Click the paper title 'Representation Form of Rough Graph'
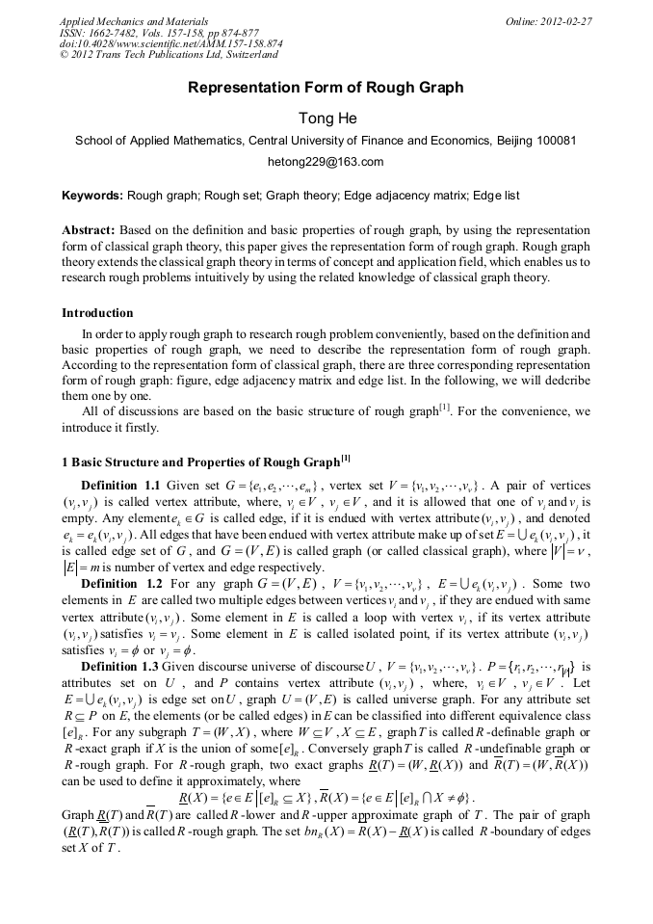[326, 88]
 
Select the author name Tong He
[326, 118]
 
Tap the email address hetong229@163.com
[326, 161]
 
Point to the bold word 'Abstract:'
[90, 231]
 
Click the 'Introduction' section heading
[97, 313]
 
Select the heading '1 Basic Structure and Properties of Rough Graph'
[200, 459]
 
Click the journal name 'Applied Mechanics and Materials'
[133, 21]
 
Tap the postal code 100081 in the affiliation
[557, 140]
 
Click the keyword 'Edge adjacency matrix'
[405, 196]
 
